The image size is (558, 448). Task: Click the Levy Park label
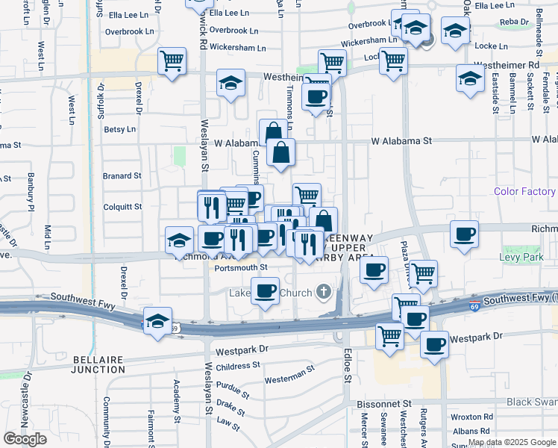tap(529, 278)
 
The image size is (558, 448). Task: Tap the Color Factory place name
tap(524, 192)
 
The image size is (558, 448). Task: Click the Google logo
tap(25, 439)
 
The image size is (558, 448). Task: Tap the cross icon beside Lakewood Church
tap(323, 291)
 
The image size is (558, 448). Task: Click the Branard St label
tap(122, 176)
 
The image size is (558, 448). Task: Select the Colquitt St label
tap(122, 207)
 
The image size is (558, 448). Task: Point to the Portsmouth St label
tap(240, 267)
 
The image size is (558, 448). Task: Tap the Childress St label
tap(237, 367)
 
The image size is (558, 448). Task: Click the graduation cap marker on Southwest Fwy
tap(157, 321)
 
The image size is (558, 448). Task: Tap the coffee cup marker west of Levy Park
tap(464, 234)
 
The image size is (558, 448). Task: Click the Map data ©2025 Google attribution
tap(512, 442)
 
